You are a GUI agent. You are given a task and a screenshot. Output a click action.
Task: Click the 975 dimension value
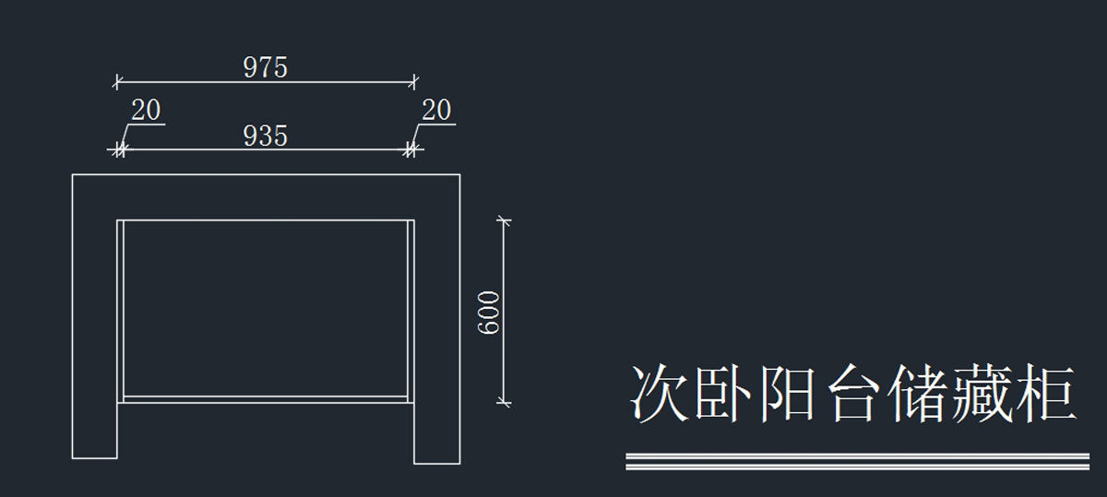[x=266, y=67]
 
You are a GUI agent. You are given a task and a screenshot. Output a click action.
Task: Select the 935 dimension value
[x=266, y=136]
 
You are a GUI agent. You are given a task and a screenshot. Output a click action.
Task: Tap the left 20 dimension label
[x=146, y=111]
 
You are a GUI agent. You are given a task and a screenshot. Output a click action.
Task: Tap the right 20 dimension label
[x=436, y=111]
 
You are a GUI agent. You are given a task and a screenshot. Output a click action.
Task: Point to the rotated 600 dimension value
[x=489, y=313]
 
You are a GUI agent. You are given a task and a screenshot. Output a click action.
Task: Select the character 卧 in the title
[x=724, y=394]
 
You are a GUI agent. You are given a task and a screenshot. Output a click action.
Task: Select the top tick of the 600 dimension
[x=503, y=220]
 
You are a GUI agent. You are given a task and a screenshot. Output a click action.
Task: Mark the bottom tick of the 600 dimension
[x=503, y=401]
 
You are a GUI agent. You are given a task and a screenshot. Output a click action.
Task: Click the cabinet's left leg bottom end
[x=95, y=456]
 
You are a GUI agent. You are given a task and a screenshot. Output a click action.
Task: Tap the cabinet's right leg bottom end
[x=436, y=461]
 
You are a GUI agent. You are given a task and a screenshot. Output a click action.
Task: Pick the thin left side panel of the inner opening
[x=120, y=310]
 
